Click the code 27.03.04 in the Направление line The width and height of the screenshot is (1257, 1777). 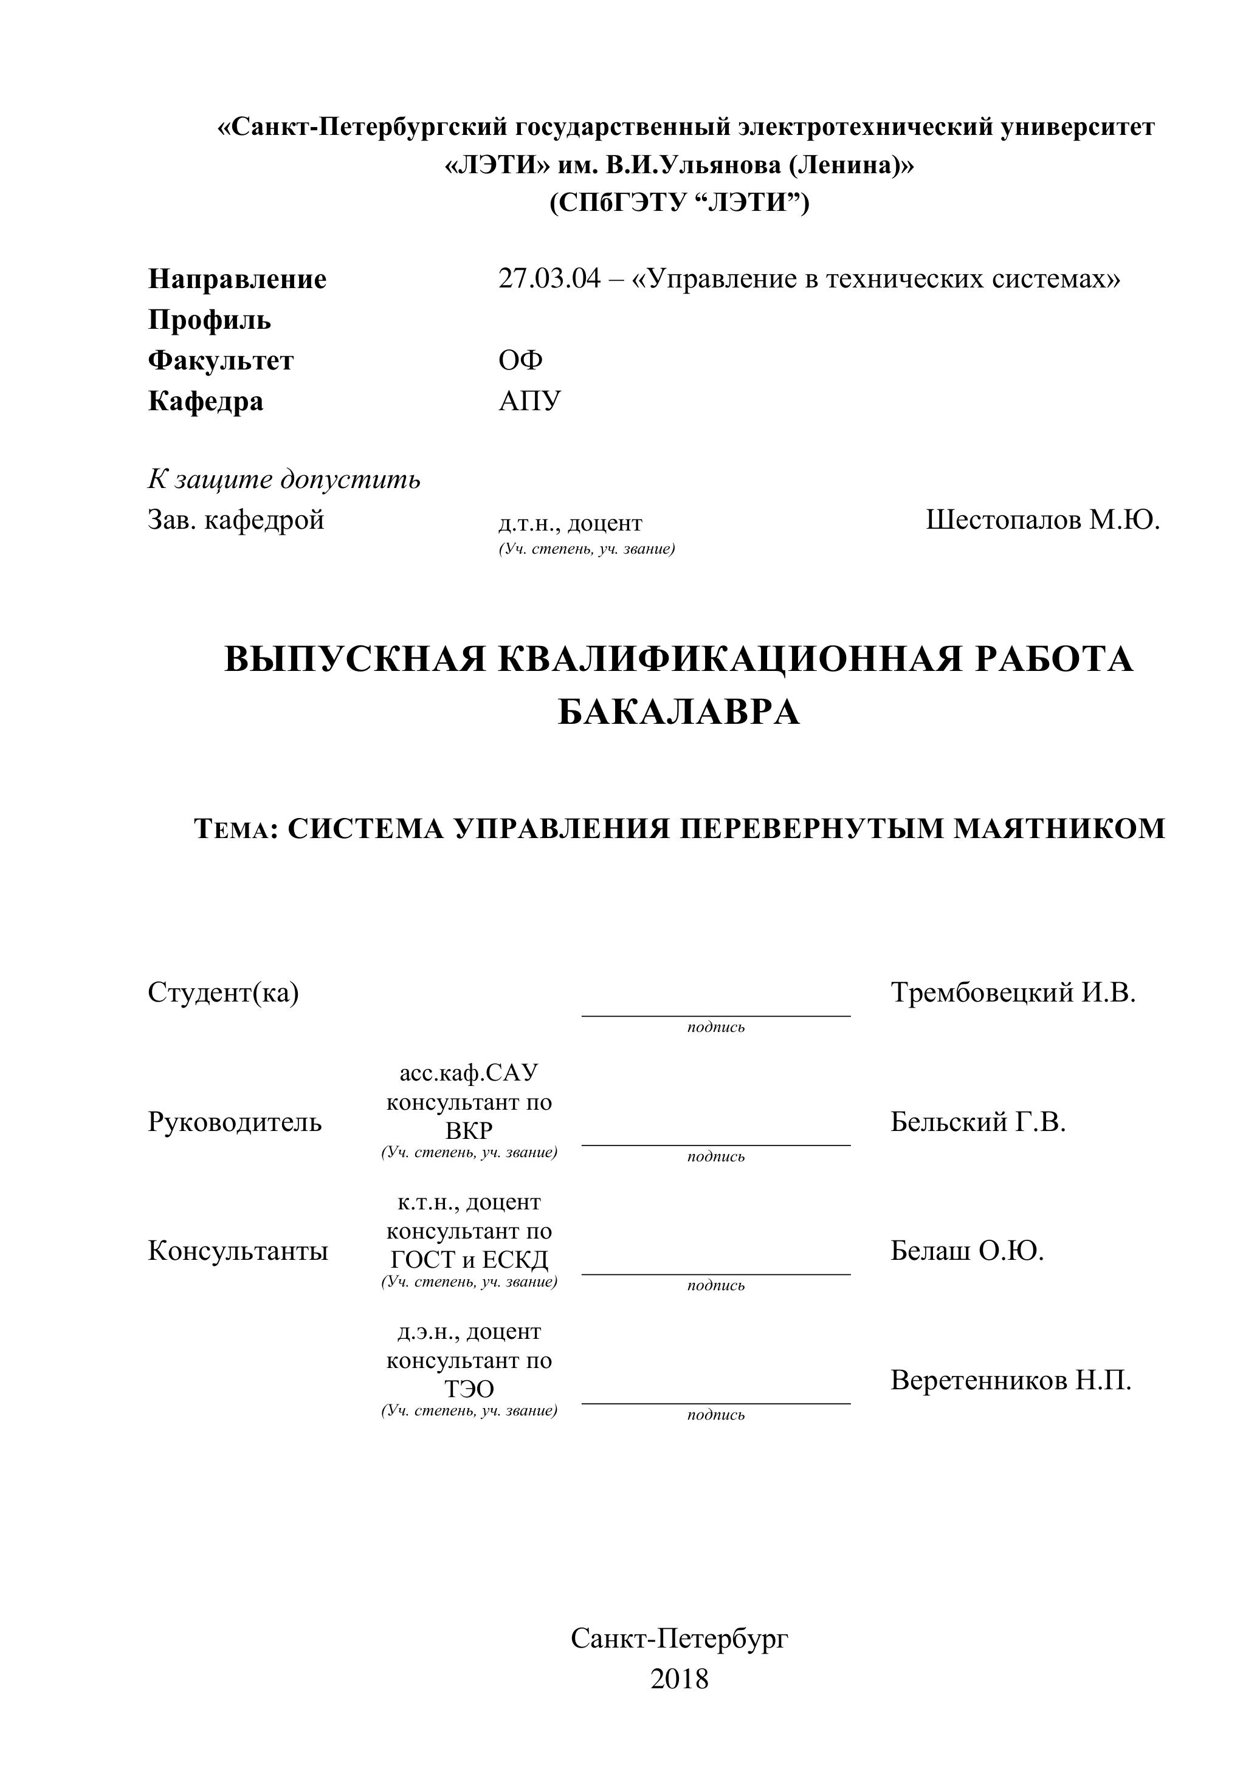tap(549, 278)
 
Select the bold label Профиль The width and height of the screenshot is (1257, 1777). tap(209, 320)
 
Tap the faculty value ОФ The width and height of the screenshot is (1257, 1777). tap(520, 360)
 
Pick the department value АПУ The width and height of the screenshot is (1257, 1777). tap(529, 401)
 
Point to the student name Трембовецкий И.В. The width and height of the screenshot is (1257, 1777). tap(1013, 992)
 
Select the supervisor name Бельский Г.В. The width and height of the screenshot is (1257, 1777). tap(977, 1121)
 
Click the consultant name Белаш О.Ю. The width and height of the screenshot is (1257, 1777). tap(966, 1251)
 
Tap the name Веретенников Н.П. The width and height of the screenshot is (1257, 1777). tap(1010, 1380)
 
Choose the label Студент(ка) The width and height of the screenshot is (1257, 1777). tap(223, 992)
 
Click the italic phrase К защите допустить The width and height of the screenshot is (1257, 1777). tap(284, 480)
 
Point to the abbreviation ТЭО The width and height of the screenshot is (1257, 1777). tap(469, 1389)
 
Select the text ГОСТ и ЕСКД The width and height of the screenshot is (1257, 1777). tap(469, 1260)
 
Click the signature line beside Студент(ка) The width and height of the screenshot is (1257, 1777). tap(715, 1015)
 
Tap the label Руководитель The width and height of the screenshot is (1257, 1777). tap(235, 1121)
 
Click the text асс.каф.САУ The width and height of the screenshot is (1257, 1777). tap(469, 1073)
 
